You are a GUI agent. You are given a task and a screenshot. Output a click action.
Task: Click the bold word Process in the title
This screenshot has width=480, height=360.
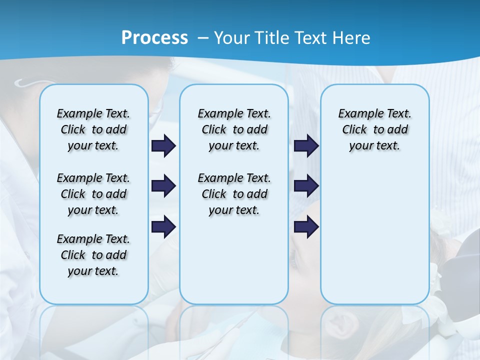point(154,38)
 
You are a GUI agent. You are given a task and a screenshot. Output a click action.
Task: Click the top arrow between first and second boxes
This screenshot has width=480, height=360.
point(163,146)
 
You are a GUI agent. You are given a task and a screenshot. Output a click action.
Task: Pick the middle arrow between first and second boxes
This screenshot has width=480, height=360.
point(163,186)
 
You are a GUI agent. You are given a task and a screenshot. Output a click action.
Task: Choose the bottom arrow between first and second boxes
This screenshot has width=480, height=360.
point(163,226)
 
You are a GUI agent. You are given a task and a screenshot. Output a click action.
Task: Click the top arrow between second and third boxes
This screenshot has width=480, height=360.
point(306,146)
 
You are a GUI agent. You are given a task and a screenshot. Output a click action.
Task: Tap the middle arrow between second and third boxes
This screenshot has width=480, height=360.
point(306,186)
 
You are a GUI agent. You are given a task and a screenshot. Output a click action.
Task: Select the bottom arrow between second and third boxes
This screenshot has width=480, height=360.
point(306,226)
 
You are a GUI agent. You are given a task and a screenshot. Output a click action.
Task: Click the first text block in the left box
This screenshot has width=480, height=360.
point(93,129)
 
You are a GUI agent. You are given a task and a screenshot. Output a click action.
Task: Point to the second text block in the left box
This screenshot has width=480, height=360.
point(93,194)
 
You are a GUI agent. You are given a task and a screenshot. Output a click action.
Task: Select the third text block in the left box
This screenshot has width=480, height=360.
point(93,255)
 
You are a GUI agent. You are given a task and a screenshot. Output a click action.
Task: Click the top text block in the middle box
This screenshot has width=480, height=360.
point(234,129)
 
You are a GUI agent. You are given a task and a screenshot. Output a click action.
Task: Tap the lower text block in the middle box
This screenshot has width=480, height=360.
point(234,194)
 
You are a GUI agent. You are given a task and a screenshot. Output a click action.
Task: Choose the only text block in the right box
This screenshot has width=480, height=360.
point(374,129)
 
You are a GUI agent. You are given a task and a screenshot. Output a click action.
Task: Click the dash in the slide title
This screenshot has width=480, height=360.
point(203,38)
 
